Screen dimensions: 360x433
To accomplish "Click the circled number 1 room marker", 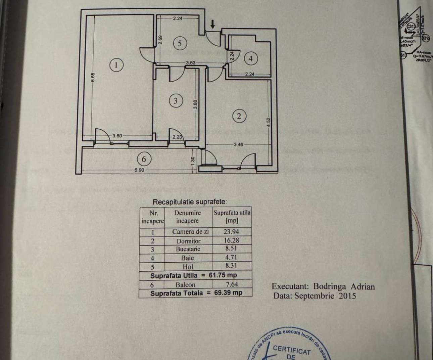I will (116, 64).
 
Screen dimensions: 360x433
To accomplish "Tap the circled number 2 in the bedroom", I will (239, 116).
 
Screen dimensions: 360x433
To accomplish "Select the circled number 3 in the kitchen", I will (175, 100).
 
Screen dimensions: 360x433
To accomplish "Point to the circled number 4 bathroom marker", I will (250, 58).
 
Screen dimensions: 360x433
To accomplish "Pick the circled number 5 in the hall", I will (180, 43).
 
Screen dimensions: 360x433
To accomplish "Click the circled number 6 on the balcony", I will (144, 159).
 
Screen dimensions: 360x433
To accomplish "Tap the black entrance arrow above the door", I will (212, 24).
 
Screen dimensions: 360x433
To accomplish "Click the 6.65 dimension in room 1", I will (93, 77).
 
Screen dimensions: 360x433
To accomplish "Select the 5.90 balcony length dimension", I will (139, 170).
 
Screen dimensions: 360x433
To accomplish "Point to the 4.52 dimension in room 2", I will (268, 122).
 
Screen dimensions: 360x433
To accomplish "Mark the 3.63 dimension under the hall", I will (191, 62).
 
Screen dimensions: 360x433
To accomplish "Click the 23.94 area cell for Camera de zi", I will (232, 231).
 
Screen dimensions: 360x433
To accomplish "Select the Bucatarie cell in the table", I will (188, 249).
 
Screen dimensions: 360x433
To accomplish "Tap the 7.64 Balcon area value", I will (232, 284).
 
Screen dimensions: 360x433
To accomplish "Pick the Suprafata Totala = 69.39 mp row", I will (196, 293).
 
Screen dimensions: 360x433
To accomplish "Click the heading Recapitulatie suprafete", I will (190, 202).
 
